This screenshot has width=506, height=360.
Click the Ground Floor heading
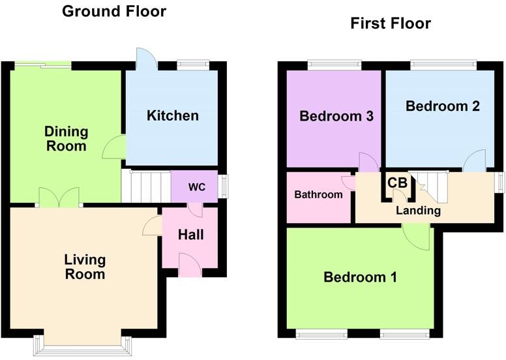click(114, 11)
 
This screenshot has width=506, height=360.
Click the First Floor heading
click(390, 24)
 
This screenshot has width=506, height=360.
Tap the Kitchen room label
click(172, 116)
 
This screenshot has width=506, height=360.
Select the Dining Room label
click(66, 139)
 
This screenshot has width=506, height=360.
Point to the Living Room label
click(85, 267)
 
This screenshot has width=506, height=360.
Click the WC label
click(196, 187)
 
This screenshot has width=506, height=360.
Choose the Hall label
click(190, 234)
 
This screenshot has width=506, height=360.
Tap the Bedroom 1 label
click(360, 277)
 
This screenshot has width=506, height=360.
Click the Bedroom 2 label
click(443, 106)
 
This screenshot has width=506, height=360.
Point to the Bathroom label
click(318, 194)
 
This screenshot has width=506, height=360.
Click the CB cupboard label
click(397, 183)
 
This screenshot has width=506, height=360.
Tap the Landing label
click(418, 211)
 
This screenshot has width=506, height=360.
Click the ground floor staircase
click(145, 186)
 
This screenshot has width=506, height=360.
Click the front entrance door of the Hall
click(190, 265)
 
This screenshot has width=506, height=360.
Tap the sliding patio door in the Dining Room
click(43, 64)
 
